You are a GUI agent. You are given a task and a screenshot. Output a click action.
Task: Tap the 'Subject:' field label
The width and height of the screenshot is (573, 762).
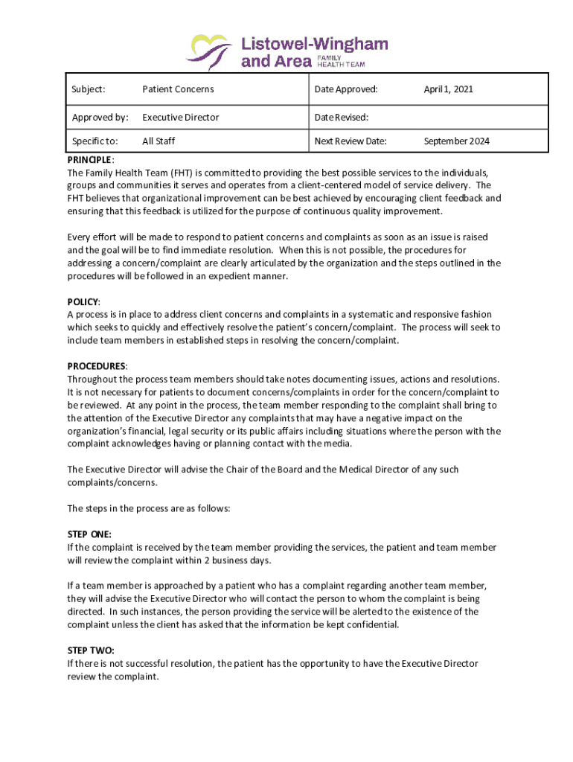coord(88,89)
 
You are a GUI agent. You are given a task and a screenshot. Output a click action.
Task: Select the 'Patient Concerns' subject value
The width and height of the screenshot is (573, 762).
coord(178,89)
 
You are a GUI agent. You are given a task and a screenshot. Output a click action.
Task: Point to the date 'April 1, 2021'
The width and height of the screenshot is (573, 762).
coord(448,89)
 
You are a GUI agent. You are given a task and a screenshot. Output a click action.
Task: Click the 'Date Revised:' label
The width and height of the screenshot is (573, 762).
coord(342,117)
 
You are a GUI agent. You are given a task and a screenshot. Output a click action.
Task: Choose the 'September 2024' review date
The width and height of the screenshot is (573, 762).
coord(457,141)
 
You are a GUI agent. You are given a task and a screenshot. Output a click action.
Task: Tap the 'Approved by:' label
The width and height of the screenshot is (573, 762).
coord(100,117)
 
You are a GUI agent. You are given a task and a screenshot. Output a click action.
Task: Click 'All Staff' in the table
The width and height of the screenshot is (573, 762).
coord(159,141)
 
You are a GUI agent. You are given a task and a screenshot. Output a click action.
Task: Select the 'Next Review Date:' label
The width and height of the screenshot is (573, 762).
coord(350,141)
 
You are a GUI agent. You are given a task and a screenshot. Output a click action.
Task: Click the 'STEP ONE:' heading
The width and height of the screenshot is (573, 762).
coord(89,534)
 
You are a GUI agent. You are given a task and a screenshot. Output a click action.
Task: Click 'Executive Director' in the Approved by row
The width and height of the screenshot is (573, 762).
coord(181,117)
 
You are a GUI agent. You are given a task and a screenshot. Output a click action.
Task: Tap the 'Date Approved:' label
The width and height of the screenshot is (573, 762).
coord(346,89)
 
